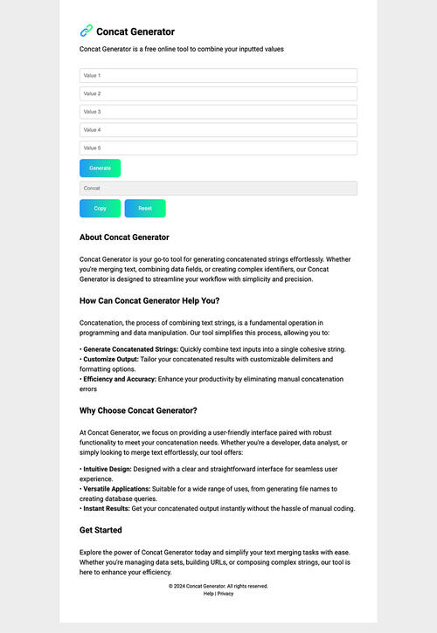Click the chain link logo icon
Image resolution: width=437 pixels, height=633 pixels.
tap(86, 31)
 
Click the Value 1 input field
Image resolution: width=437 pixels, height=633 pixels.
tap(218, 76)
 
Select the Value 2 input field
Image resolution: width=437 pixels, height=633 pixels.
tap(218, 93)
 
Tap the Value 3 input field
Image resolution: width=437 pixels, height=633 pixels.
tap(218, 112)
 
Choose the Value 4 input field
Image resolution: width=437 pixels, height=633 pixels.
tap(218, 130)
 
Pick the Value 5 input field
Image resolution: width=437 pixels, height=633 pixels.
tap(218, 148)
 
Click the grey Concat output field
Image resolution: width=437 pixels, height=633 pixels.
tap(218, 188)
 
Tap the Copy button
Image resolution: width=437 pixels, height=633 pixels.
tap(100, 209)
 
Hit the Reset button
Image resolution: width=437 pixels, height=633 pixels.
tap(145, 209)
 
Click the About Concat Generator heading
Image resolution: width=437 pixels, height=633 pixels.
tap(124, 237)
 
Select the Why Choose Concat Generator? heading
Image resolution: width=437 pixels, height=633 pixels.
tap(138, 410)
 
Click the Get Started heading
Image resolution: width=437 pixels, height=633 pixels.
tap(101, 530)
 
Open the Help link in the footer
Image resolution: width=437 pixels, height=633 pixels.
tap(208, 594)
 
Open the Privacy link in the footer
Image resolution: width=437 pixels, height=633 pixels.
tap(225, 594)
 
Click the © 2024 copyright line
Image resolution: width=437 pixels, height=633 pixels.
tap(218, 586)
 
